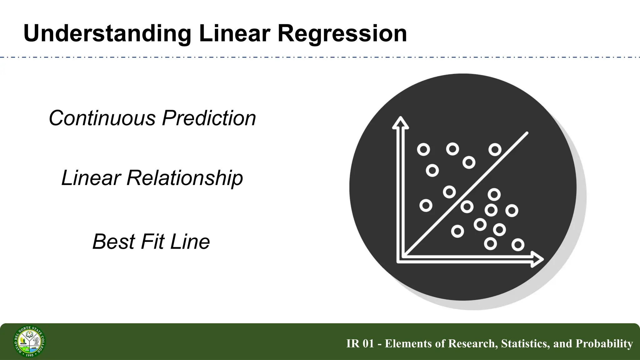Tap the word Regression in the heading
[x=342, y=34]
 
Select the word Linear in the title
[x=234, y=34]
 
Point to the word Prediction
[x=209, y=118]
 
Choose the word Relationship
[x=184, y=178]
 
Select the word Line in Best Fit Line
[x=190, y=242]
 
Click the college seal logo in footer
[x=29, y=341]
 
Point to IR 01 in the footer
[x=360, y=343]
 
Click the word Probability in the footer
[x=604, y=343]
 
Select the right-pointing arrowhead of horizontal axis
[x=537, y=259]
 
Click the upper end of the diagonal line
[x=527, y=133]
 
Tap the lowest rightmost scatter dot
[x=518, y=245]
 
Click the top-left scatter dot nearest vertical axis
[x=423, y=150]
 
